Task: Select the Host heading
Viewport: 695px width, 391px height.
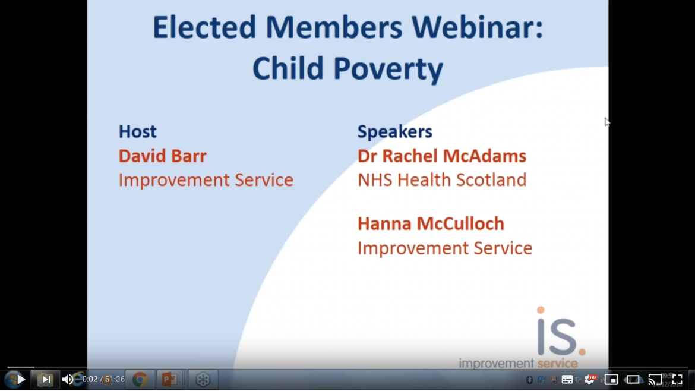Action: pos(137,132)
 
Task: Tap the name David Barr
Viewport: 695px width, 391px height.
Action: pos(162,156)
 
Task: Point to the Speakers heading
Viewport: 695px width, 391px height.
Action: pos(395,132)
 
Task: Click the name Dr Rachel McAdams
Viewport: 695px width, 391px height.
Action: pos(442,156)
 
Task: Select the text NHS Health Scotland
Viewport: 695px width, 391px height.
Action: pos(442,180)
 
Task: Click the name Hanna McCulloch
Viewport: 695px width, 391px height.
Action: pos(431,224)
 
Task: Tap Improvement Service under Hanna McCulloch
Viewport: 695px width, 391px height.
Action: pos(445,248)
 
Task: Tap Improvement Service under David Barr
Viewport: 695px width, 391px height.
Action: pos(206,180)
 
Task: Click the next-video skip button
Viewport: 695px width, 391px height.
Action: pos(46,380)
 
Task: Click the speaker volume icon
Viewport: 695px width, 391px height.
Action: pos(68,380)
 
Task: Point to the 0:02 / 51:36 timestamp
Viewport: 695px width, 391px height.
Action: pos(103,380)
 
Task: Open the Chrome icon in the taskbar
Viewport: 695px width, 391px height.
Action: pos(140,380)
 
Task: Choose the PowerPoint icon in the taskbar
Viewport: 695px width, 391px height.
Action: pos(169,380)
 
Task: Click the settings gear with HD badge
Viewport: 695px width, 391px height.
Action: pos(590,380)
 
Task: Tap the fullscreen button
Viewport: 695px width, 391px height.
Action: pos(677,380)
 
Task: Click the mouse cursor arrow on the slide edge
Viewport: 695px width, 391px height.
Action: pos(607,122)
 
